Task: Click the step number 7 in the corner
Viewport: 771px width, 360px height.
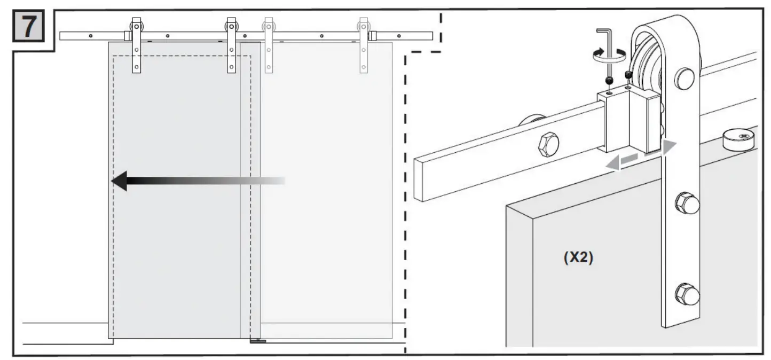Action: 32,27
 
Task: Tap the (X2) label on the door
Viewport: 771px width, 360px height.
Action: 578,257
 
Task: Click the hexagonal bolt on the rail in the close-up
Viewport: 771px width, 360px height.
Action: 549,144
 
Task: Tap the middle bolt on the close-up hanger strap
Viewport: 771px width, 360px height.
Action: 687,203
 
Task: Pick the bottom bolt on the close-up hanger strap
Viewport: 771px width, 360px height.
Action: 687,294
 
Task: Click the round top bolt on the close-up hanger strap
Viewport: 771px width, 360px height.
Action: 684,79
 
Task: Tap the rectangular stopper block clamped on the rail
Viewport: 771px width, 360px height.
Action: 628,120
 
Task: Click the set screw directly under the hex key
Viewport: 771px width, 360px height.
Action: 609,81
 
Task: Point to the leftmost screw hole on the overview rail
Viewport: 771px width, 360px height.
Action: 91,36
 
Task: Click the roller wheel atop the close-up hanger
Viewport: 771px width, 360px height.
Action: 651,59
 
